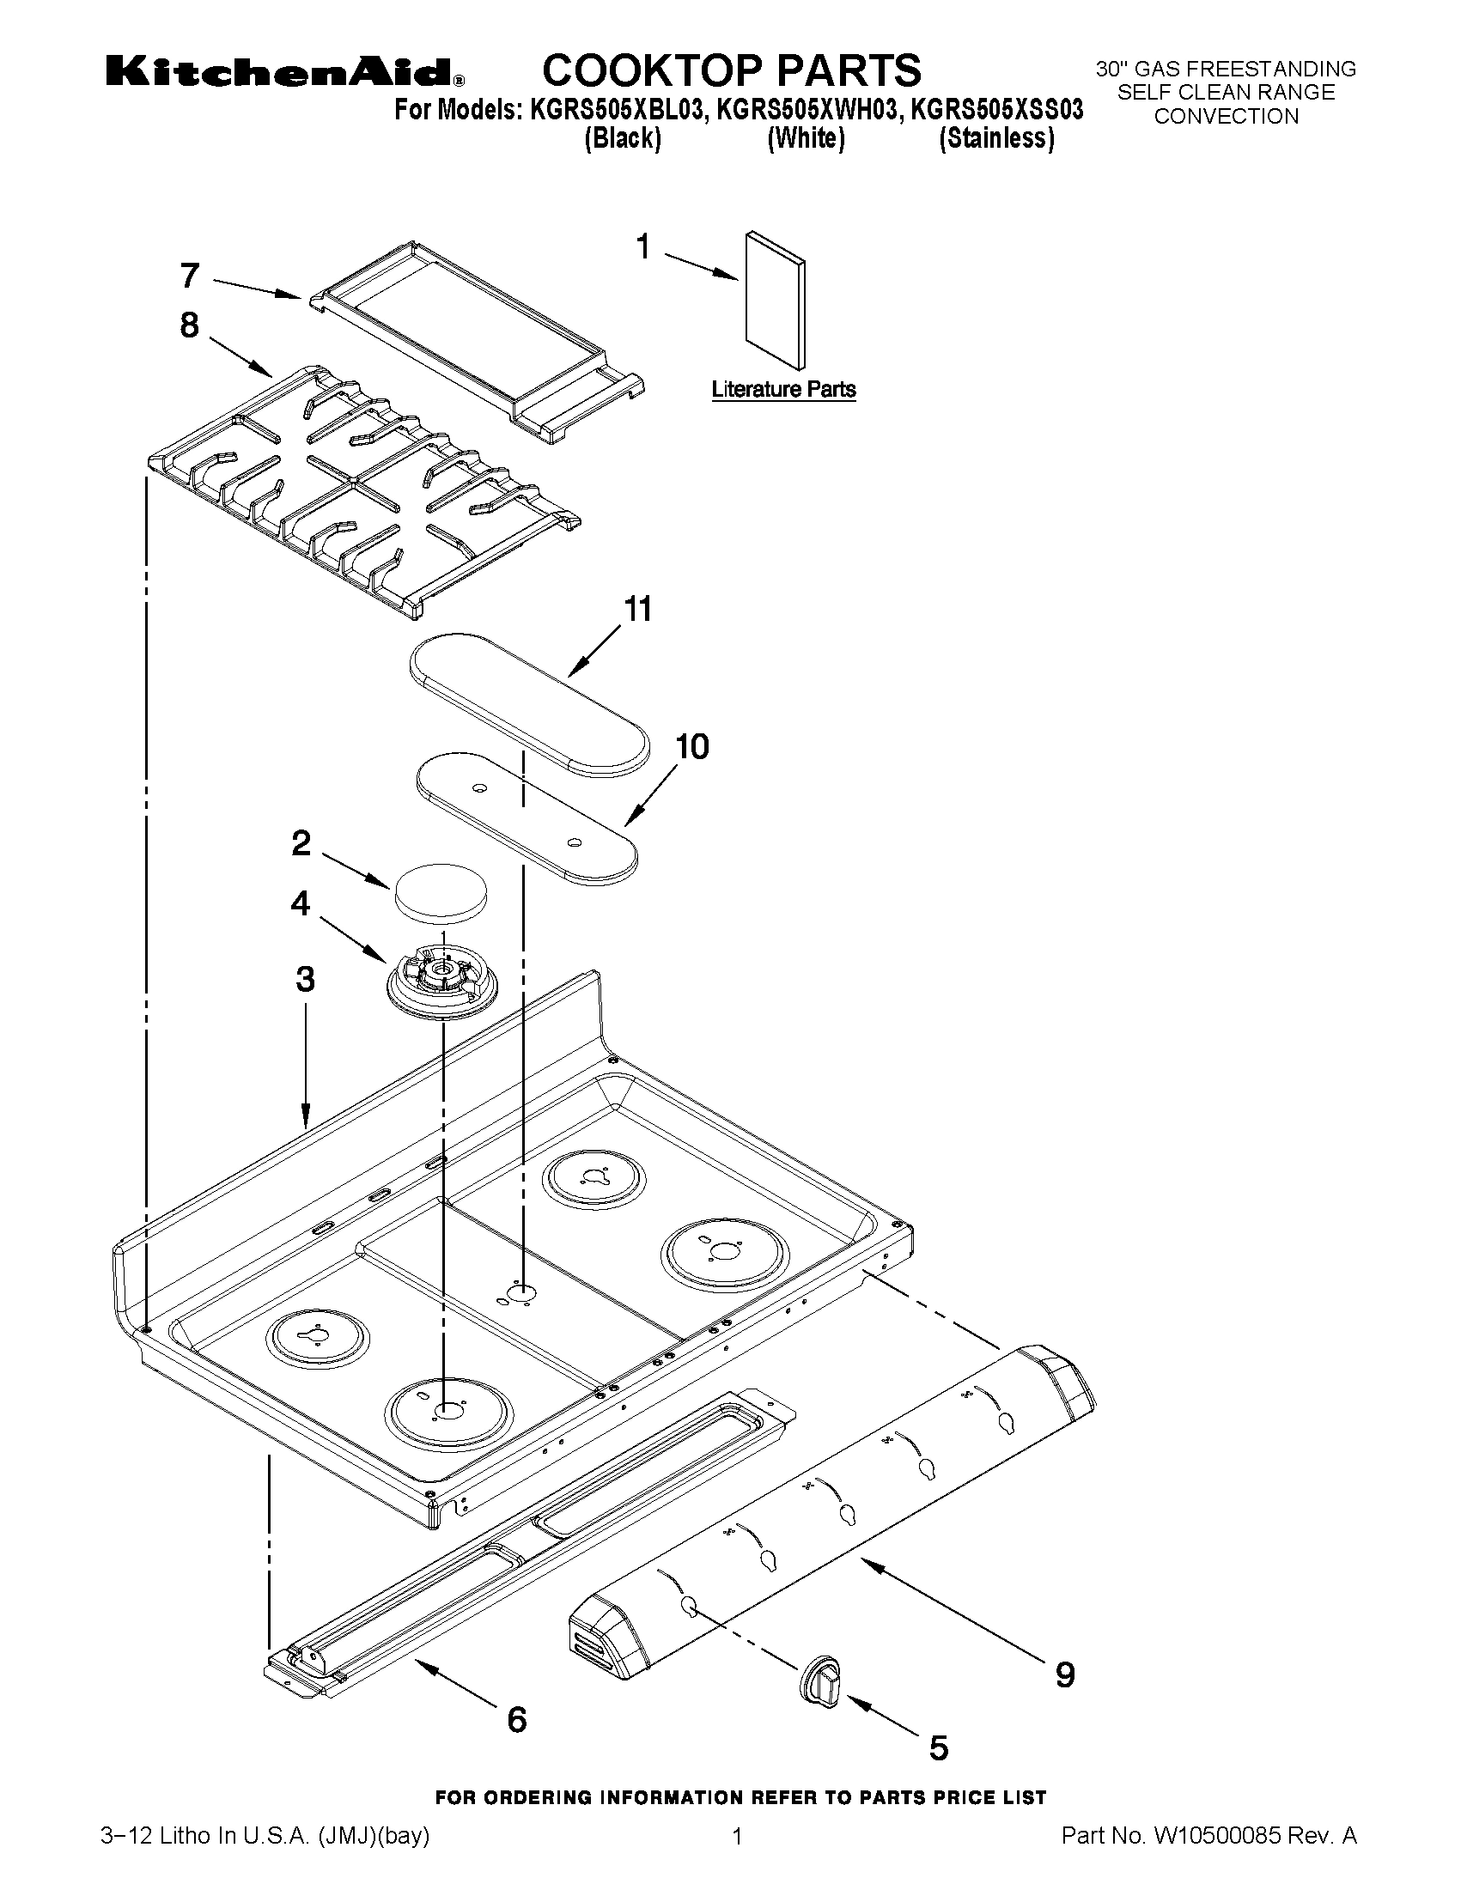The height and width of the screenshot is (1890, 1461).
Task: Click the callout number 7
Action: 191,276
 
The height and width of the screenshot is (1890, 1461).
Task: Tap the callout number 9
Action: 1064,1674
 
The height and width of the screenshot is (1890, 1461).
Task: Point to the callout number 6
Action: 517,1718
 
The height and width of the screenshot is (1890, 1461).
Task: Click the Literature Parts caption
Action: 783,390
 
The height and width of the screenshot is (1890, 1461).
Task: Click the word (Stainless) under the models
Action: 996,138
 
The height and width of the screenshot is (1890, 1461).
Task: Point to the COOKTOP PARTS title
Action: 732,70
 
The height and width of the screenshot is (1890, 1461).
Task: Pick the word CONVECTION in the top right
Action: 1226,117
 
